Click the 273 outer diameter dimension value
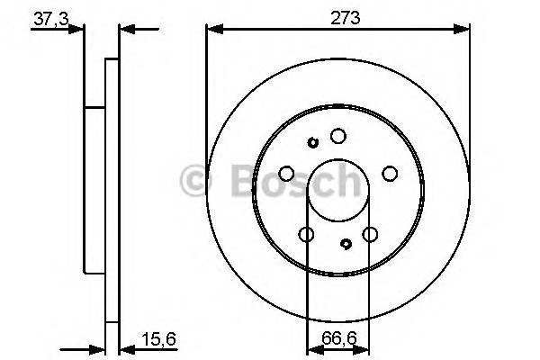[338, 17]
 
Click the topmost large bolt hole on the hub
[338, 136]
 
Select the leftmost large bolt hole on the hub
[286, 174]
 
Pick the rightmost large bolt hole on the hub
[391, 174]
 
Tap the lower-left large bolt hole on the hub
[306, 235]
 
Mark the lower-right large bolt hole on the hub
[370, 235]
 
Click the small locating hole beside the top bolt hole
[313, 142]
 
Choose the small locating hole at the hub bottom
[347, 243]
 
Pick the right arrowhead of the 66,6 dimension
[364, 346]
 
